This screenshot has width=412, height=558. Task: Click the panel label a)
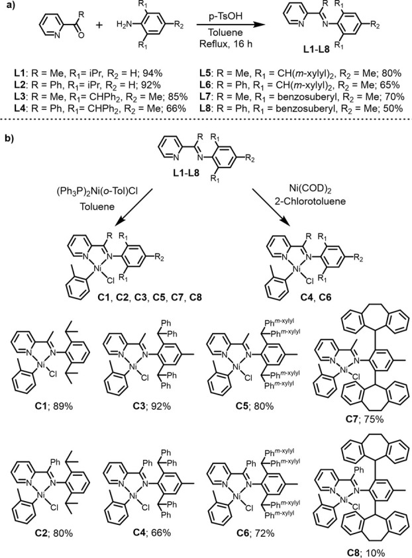8,7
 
